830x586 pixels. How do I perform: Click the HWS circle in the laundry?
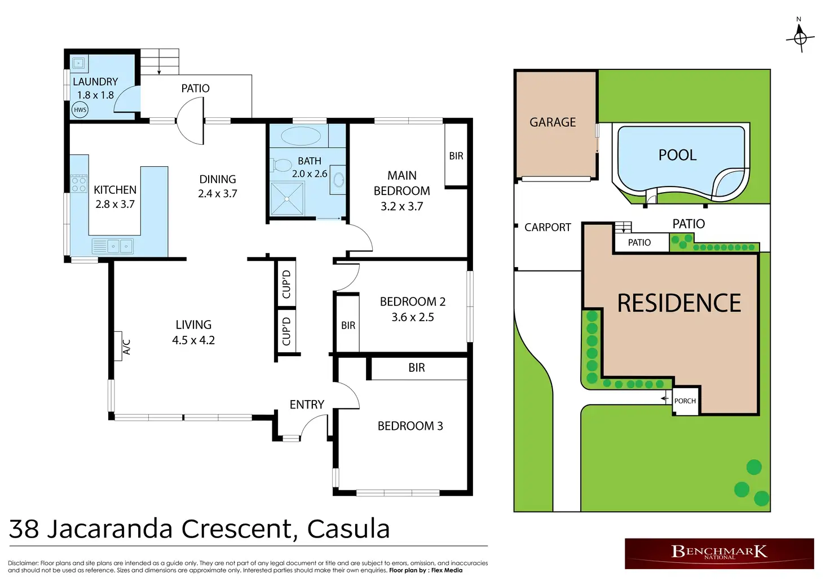coord(80,109)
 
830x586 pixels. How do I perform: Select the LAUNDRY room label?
coord(95,82)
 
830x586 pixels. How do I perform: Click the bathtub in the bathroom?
coord(301,136)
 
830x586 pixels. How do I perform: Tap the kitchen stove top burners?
coord(78,184)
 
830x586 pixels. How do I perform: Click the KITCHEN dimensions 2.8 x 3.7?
coord(115,204)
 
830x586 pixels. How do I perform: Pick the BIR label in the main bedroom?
coord(456,156)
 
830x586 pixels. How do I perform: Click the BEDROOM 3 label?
coord(410,426)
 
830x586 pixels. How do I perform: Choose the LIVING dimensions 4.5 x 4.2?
coord(193,340)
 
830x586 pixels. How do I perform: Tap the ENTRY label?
coord(307,405)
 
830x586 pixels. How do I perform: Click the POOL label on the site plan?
coord(677,155)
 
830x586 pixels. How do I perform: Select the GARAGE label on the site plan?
coord(553,122)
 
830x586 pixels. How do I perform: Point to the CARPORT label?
coord(548,227)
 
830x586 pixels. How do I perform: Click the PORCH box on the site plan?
coord(686,401)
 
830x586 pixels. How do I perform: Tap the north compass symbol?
coord(800,37)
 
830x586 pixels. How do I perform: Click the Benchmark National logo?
coord(719,553)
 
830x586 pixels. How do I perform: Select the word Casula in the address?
coord(348,529)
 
